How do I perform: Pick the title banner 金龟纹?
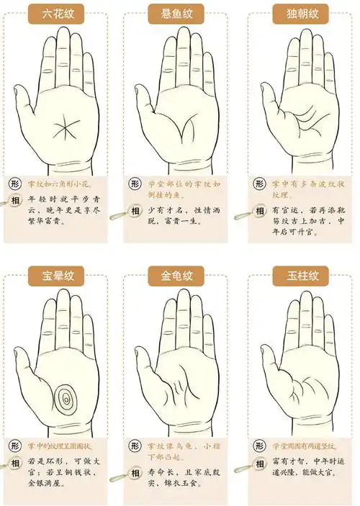178,274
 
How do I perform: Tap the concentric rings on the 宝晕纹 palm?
67,396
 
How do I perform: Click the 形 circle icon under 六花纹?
14,184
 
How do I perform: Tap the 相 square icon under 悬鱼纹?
136,210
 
